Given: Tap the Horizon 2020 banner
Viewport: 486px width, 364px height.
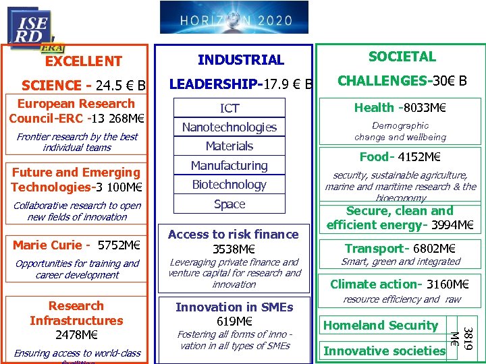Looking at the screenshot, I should [x=234, y=18].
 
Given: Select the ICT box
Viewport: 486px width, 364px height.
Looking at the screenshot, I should [x=230, y=108].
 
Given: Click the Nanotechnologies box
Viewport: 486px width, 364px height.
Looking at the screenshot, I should [x=230, y=127].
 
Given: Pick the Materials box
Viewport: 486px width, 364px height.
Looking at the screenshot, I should [x=230, y=146].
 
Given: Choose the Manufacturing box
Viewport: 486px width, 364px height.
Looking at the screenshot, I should [x=230, y=165].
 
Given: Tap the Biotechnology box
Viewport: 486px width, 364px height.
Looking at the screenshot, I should [x=230, y=184].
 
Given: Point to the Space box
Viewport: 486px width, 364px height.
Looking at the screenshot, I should [x=230, y=204].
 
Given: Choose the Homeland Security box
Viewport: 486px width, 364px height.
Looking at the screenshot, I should [x=381, y=326].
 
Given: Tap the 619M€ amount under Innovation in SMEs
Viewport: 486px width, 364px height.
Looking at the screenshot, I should [x=234, y=321].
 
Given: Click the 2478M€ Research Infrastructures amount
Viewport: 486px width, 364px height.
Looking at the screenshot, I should [x=76, y=334].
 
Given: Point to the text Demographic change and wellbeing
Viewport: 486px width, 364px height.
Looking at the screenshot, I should [x=400, y=131].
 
